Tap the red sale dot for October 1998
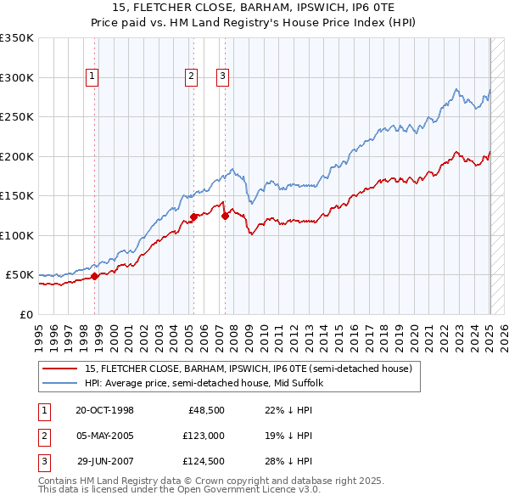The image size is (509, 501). coord(95,275)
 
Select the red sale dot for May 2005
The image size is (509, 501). coord(193,217)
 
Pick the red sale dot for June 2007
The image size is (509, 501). coord(226,216)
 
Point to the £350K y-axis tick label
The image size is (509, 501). coord(17,38)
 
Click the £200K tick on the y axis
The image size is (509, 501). coord(17,156)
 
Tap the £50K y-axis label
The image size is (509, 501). coord(20,275)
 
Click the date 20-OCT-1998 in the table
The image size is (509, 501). coord(104,410)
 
